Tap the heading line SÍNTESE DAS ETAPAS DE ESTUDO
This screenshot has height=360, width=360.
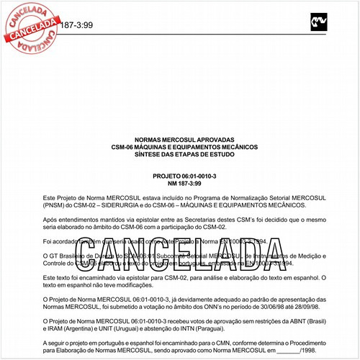[179, 156]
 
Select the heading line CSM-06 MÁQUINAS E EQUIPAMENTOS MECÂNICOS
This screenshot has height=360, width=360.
[179, 149]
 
